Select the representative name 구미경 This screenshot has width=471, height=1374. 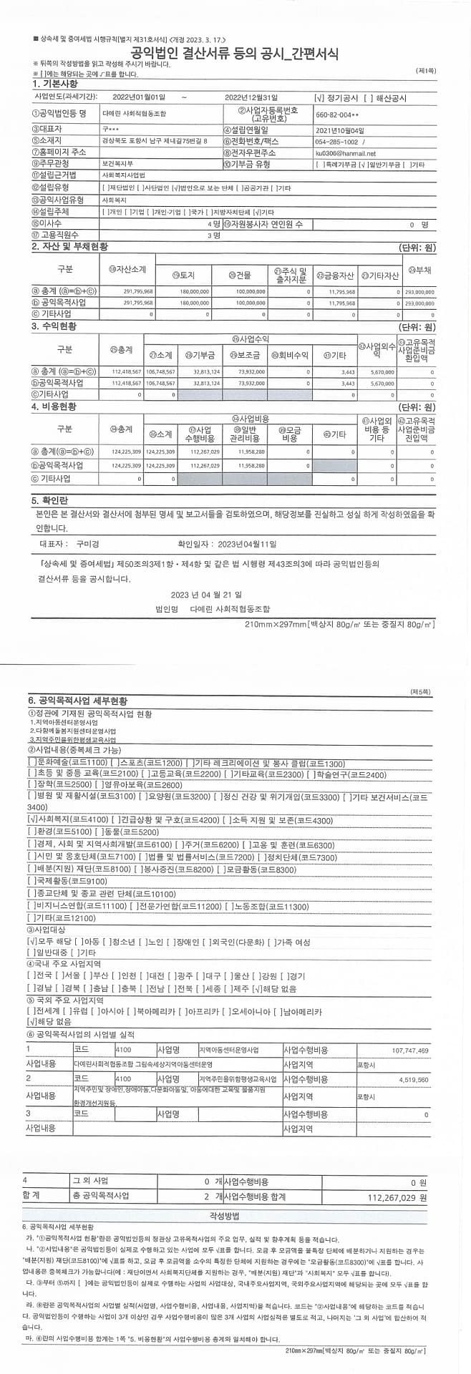(x=87, y=544)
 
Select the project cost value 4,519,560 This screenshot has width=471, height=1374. (x=413, y=1079)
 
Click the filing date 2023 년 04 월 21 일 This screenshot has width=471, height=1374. (x=206, y=594)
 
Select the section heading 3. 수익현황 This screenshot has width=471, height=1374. (x=54, y=326)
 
